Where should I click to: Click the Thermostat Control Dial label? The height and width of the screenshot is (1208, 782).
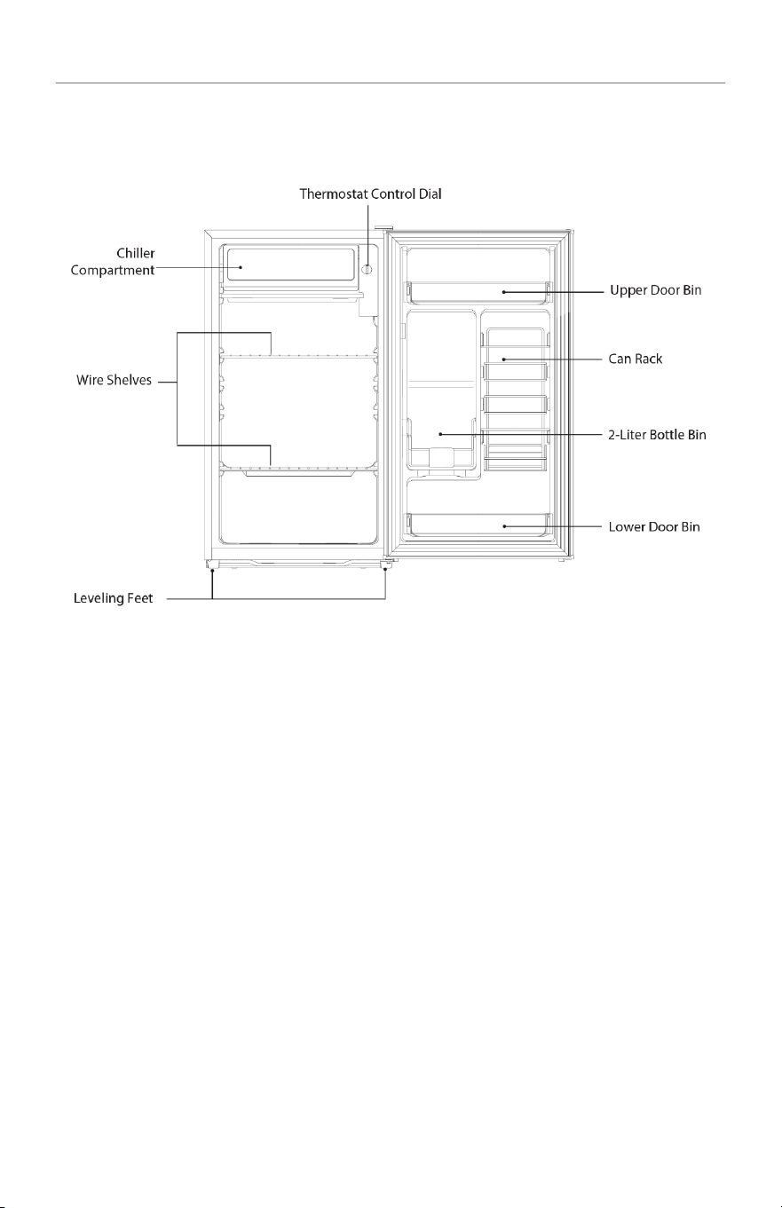[x=370, y=194]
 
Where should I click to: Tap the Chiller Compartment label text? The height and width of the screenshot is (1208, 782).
[x=113, y=262]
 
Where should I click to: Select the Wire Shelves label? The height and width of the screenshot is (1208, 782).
[x=114, y=380]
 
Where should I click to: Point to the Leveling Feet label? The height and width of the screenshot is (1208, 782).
[x=114, y=598]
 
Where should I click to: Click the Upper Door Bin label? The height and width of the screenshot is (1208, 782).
[x=655, y=290]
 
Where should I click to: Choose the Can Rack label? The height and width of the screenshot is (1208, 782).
[x=636, y=359]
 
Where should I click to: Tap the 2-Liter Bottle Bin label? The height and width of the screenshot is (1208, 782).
[x=657, y=435]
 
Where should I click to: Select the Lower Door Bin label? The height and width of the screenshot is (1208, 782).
[x=654, y=527]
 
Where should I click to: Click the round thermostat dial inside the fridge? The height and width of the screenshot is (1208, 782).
[x=367, y=269]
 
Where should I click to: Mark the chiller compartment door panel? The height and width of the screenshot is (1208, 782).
[x=290, y=264]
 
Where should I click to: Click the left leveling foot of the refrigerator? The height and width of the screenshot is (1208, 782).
[x=211, y=565]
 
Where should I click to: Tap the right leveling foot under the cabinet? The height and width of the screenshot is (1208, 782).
[x=385, y=565]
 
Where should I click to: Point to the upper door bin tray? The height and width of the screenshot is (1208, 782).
[x=479, y=292]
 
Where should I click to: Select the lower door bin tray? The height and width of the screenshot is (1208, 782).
[x=479, y=525]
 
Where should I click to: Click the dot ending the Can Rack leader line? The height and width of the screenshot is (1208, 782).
[x=503, y=359]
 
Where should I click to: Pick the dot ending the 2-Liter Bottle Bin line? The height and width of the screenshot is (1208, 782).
[x=440, y=434]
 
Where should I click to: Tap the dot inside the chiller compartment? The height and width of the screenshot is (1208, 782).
[x=241, y=267]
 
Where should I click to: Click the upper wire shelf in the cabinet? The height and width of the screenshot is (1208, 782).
[x=298, y=356]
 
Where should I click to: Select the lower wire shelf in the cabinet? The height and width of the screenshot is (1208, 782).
[x=298, y=470]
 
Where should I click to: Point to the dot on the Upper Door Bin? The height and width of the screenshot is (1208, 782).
[x=503, y=292]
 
